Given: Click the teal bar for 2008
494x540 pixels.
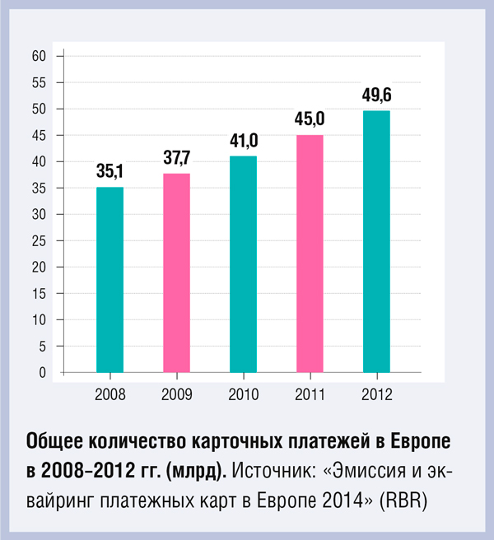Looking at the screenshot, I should point(110,280).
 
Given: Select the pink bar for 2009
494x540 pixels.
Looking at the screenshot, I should point(177,273).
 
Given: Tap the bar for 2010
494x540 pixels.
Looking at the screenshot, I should point(244,264).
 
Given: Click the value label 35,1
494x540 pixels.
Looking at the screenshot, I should point(110,173).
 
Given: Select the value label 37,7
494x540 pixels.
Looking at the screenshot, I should point(176,159).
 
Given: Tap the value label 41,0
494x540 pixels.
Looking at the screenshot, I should point(244,142).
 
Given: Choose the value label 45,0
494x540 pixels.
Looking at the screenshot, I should point(310,120).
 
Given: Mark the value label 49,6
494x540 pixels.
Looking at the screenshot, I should point(376,96).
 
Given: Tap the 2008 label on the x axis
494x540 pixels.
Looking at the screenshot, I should point(110,394).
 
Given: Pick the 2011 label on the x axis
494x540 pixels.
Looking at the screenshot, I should point(310,394).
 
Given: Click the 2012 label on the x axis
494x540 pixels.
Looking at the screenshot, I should point(376,394).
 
